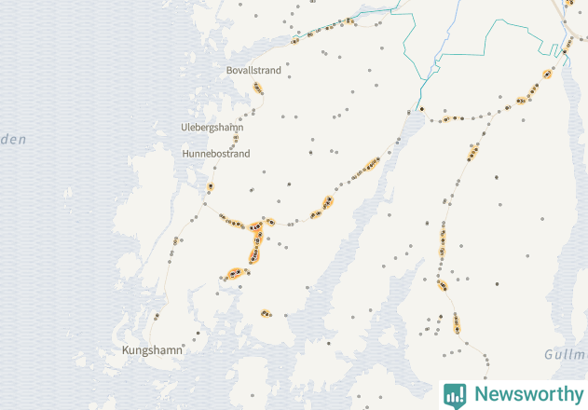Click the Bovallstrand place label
coord(253,70)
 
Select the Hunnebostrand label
coord(216,154)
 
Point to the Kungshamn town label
coord(154,349)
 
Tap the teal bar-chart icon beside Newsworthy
coord(455,394)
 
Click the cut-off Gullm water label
coord(565,355)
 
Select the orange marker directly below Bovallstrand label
coord(258,89)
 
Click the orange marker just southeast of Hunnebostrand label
coord(211,187)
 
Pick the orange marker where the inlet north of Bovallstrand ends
coord(294,40)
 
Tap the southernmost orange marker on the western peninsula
coord(266,313)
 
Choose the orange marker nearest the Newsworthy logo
coord(457,322)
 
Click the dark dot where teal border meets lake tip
coord(421,109)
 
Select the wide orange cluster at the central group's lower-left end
coord(235,273)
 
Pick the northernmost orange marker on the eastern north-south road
coord(473,151)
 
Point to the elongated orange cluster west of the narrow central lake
coord(366,167)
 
